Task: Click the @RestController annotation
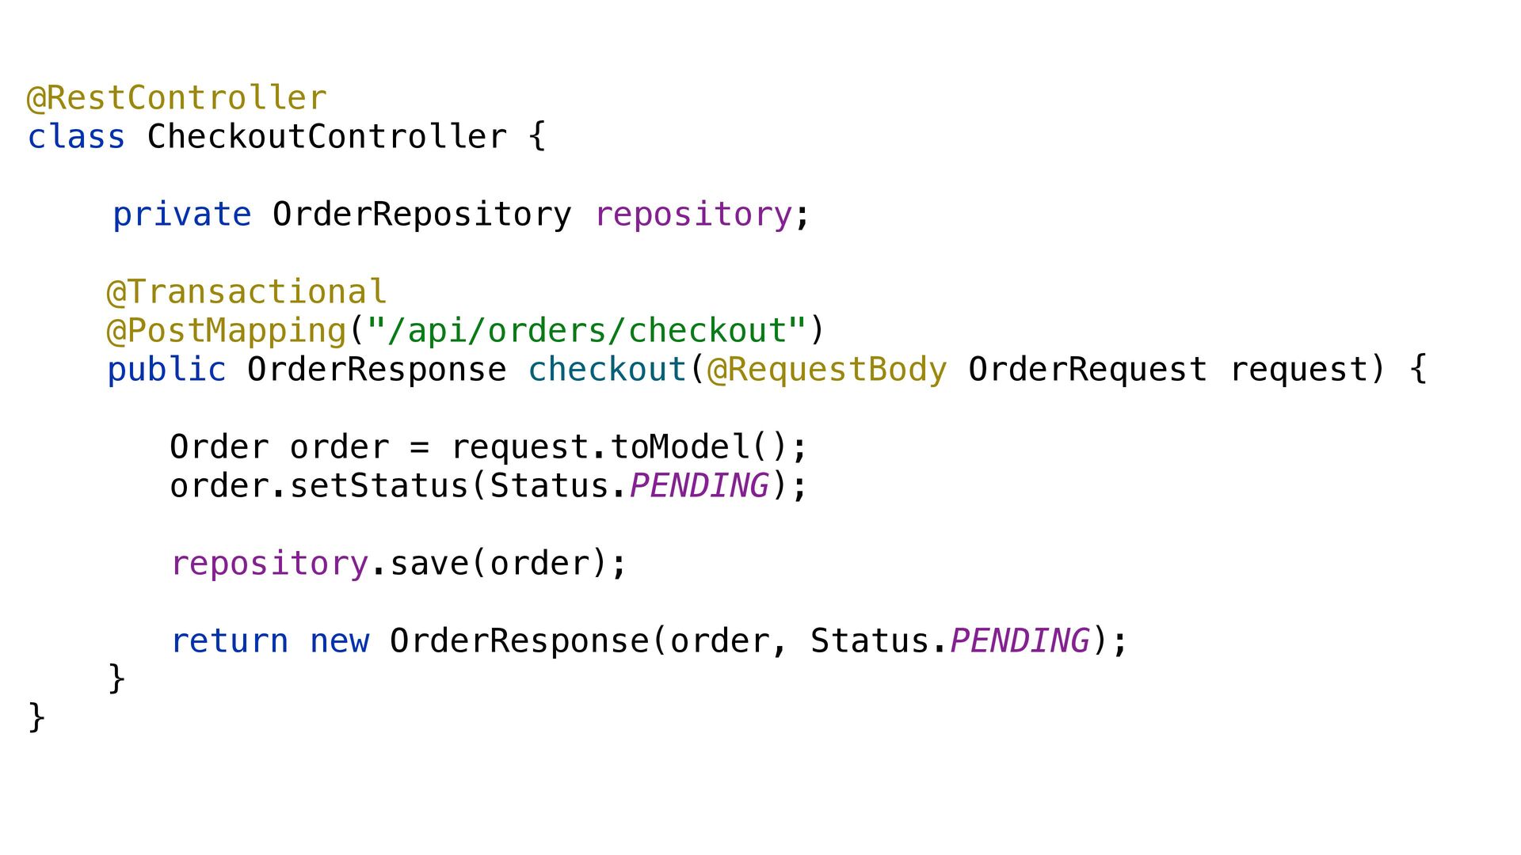click(x=177, y=98)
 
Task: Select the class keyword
click(x=76, y=137)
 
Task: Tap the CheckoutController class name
click(x=326, y=137)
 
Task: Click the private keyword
click(x=181, y=215)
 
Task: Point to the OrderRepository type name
click(x=421, y=215)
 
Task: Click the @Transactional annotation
click(x=246, y=292)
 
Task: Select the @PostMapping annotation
click(x=227, y=331)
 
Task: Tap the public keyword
click(x=166, y=370)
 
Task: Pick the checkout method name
click(x=607, y=370)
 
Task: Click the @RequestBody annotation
click(x=826, y=370)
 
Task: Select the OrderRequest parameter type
click(x=1087, y=370)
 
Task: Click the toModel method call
click(x=680, y=447)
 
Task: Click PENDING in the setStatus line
click(x=699, y=486)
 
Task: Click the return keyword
click(x=230, y=641)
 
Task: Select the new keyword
click(x=339, y=641)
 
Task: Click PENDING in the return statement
click(x=1019, y=641)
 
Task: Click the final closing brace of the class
click(x=36, y=717)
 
